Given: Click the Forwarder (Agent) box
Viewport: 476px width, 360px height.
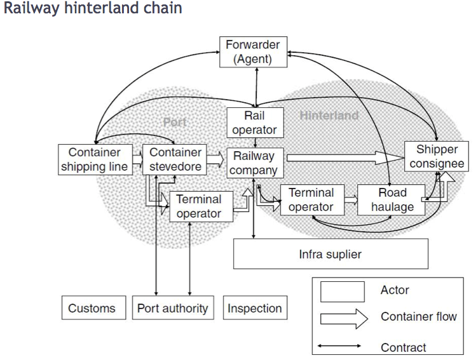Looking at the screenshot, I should point(252,52).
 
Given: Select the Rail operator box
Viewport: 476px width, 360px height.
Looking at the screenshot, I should point(254,123).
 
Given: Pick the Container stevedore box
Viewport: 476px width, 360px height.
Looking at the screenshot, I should point(175,159).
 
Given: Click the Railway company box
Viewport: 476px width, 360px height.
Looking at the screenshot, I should point(254,163).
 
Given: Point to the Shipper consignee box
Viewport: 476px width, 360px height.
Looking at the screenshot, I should point(437,157).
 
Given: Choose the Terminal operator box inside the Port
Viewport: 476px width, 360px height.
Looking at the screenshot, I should point(198,207).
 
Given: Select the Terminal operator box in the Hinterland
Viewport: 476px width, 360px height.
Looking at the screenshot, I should point(311,199).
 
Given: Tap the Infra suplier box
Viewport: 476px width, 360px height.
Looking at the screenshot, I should point(330,254).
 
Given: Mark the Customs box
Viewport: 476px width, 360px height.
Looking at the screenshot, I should point(92,309).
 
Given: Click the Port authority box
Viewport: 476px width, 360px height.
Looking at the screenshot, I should point(173,309).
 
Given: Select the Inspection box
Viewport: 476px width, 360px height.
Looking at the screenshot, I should point(255,309).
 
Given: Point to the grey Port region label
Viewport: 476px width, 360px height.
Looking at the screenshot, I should point(175,121).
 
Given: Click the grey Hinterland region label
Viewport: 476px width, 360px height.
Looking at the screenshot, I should point(329,116).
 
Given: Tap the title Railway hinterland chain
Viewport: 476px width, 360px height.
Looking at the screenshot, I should point(93,9).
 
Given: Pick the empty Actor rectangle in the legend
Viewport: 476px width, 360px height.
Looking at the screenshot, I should point(343,291).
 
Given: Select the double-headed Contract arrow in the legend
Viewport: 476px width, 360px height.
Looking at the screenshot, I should point(340,346).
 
